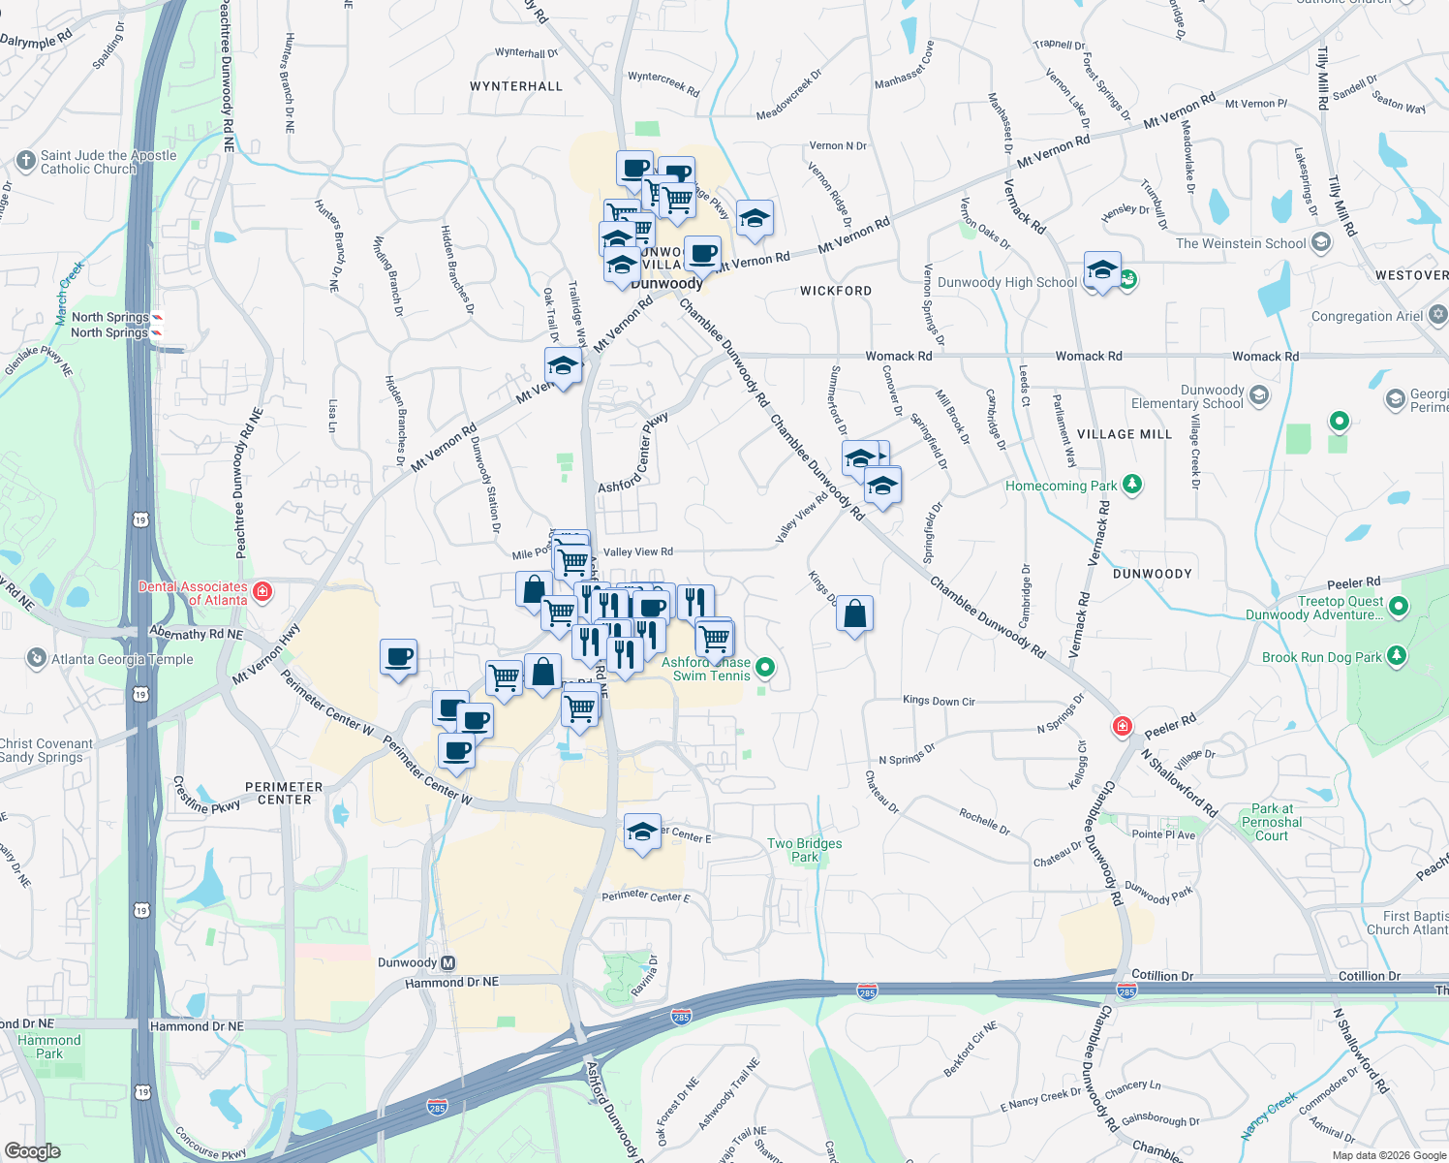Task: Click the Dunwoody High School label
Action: tap(1006, 282)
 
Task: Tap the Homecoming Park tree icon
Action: tap(1131, 485)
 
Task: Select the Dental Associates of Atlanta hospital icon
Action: tap(262, 591)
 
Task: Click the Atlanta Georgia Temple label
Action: tap(122, 659)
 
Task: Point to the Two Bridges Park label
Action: tap(804, 850)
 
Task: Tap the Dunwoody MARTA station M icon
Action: tap(447, 962)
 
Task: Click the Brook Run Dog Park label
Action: tap(1321, 657)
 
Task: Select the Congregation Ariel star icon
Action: tap(1438, 315)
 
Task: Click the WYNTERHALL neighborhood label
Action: tap(515, 86)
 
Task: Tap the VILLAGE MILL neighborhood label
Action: tap(1124, 434)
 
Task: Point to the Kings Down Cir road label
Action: tap(939, 701)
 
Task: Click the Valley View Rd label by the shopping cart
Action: tap(637, 551)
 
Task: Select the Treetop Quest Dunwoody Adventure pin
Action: tap(1398, 607)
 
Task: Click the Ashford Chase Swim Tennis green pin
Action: tap(765, 667)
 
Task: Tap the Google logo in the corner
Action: tap(32, 1151)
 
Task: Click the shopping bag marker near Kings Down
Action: tap(854, 614)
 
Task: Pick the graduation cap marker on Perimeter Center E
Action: tap(642, 832)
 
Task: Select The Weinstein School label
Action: tap(1241, 243)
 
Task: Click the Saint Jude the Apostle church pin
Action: tap(26, 160)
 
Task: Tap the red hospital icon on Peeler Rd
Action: tap(1122, 726)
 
